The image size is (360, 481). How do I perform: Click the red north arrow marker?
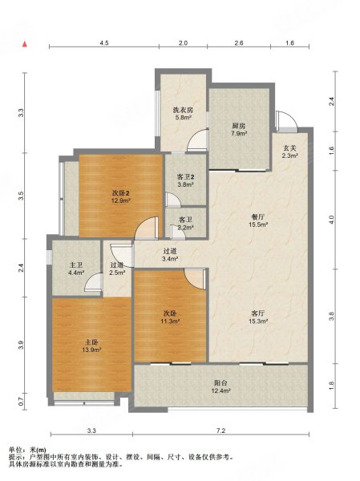pyautogui.click(x=25, y=44)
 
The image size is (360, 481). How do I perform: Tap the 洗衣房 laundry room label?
pyautogui.click(x=183, y=113)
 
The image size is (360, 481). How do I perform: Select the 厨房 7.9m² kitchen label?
pyautogui.click(x=239, y=129)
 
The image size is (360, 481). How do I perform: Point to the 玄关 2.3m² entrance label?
pyautogui.click(x=289, y=152)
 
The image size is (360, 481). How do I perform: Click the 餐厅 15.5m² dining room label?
pyautogui.click(x=258, y=220)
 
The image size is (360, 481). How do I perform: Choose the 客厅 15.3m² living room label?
pyautogui.click(x=258, y=317)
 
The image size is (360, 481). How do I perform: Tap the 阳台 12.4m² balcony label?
pyautogui.click(x=220, y=387)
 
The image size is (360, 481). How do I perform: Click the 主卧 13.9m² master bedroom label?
pyautogui.click(x=91, y=346)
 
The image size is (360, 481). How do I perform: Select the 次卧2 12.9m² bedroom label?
pyautogui.click(x=121, y=197)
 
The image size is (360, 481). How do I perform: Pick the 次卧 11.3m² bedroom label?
pyautogui.click(x=170, y=317)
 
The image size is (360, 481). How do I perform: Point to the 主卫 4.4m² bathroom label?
pyautogui.click(x=76, y=269)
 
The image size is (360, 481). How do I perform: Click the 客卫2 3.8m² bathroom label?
pyautogui.click(x=185, y=180)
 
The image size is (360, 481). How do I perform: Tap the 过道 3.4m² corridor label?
pyautogui.click(x=170, y=255)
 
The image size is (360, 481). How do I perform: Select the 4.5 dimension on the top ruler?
pyautogui.click(x=104, y=43)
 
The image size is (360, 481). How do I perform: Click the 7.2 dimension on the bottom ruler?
pyautogui.click(x=221, y=430)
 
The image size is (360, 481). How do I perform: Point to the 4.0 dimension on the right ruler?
pyautogui.click(x=331, y=220)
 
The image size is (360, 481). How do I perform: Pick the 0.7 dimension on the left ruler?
pyautogui.click(x=21, y=402)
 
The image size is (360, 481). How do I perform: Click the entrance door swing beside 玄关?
pyautogui.click(x=287, y=122)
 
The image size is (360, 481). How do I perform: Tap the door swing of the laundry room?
pyautogui.click(x=198, y=140)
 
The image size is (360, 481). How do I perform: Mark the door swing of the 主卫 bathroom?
pyautogui.click(x=93, y=282)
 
